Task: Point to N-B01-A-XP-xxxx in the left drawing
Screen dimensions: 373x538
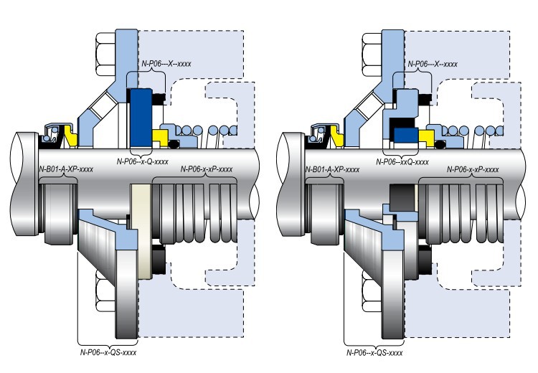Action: pyautogui.click(x=66, y=169)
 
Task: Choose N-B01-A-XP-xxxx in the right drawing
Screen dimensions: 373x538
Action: pyautogui.click(x=332, y=169)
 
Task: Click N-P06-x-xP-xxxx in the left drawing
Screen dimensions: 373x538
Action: pyautogui.click(x=207, y=169)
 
